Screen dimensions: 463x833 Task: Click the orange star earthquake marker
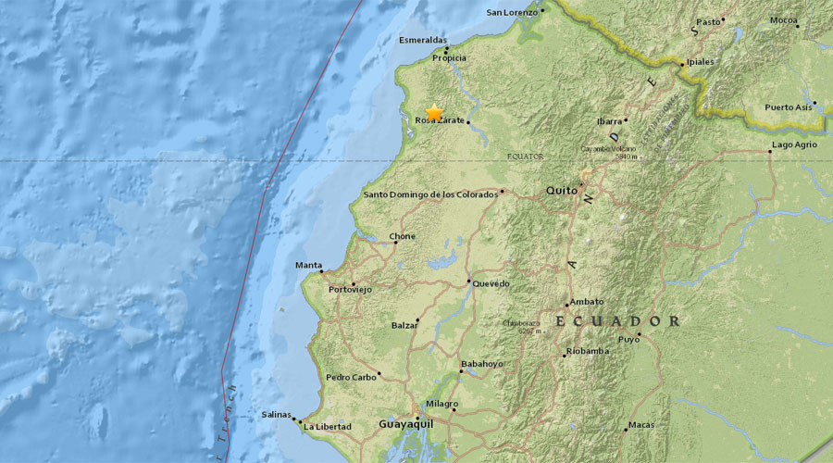tap(434, 112)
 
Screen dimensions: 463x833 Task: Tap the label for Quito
tap(560, 190)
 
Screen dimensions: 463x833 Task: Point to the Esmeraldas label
tap(423, 40)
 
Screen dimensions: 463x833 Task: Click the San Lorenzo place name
tap(512, 12)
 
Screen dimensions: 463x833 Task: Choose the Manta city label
tap(308, 266)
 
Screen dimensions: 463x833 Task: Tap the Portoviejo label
tap(350, 290)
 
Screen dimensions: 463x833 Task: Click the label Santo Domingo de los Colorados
tap(430, 194)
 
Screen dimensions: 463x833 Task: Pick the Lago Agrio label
tap(794, 145)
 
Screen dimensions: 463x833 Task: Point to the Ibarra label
tap(607, 120)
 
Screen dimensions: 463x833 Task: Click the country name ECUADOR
tap(617, 321)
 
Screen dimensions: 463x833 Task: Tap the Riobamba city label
tap(590, 351)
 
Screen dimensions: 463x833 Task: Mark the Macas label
tap(640, 425)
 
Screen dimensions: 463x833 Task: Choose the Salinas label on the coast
tap(276, 415)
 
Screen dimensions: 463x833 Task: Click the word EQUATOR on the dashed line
tap(526, 156)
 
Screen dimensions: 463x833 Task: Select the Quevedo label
tap(491, 283)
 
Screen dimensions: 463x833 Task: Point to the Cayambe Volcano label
tap(617, 148)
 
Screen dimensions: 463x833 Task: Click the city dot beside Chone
tap(395, 243)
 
